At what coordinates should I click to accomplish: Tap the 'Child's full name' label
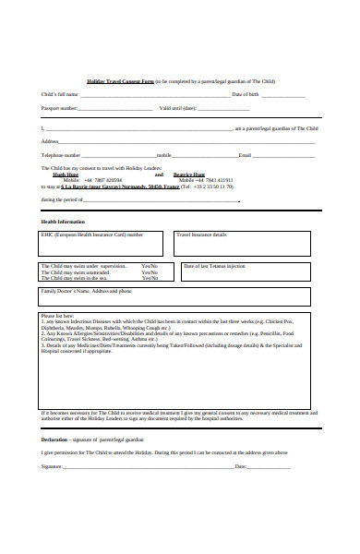[x=58, y=95]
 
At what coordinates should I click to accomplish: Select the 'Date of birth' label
[x=246, y=95]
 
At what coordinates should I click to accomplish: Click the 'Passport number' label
[x=59, y=109]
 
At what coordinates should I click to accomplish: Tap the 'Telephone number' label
[x=60, y=155]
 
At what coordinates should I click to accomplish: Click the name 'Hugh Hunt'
[x=66, y=174]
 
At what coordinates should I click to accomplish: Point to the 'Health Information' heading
[x=63, y=222]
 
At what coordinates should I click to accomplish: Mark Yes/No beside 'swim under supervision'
[x=150, y=266]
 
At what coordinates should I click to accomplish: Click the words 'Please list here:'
[x=55, y=316]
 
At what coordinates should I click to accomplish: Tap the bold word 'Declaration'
[x=54, y=440]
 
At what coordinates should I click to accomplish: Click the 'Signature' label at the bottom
[x=51, y=466]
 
